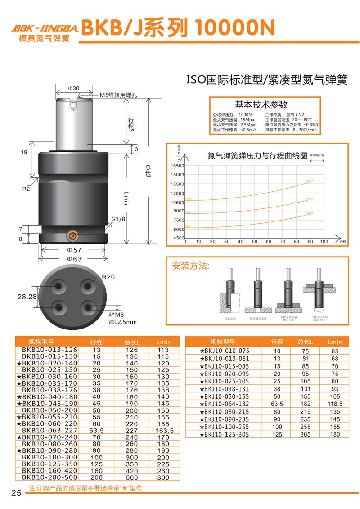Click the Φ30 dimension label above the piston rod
click(x=73, y=88)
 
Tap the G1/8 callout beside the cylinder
click(x=118, y=220)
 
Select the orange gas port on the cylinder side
click(x=72, y=235)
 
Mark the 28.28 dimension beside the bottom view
click(x=27, y=297)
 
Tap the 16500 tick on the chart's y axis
click(x=177, y=166)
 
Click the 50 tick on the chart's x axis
click(x=254, y=242)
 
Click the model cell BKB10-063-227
click(x=49, y=430)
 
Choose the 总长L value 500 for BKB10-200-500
click(x=132, y=477)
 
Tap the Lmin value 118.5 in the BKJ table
click(x=335, y=404)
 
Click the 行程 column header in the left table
click(x=96, y=341)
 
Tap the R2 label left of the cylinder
click(x=26, y=189)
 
